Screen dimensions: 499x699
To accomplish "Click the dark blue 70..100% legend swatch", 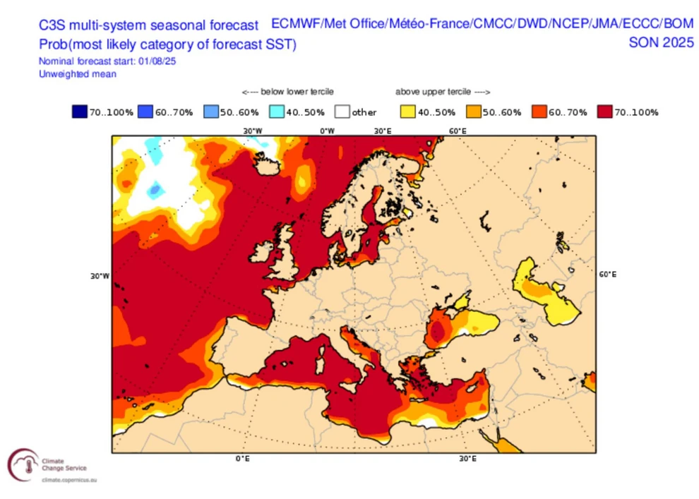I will [78, 112].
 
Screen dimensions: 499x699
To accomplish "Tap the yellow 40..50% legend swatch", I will [407, 112].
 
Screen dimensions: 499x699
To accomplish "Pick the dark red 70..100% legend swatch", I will [604, 112].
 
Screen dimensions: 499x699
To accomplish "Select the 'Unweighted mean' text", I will [78, 73].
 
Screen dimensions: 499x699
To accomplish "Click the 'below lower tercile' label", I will [287, 92].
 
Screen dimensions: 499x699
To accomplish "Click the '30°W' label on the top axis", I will [253, 131].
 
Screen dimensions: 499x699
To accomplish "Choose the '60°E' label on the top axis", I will [458, 131].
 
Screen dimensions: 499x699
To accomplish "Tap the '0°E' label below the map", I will [243, 459].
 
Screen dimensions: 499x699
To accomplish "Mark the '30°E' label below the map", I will [465, 459].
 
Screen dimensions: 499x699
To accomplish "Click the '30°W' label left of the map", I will [100, 276].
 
